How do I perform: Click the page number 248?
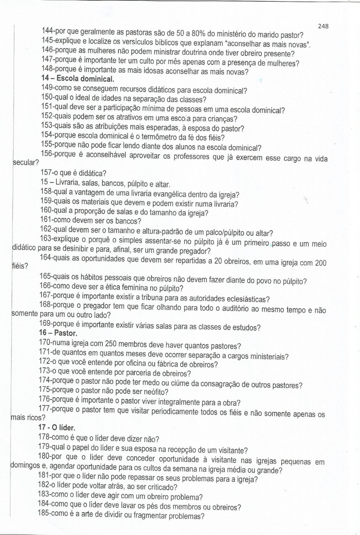pos(323,26)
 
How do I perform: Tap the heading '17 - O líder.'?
pos(57,427)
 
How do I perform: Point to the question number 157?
pos(46,173)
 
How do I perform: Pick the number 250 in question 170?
pos(112,344)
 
